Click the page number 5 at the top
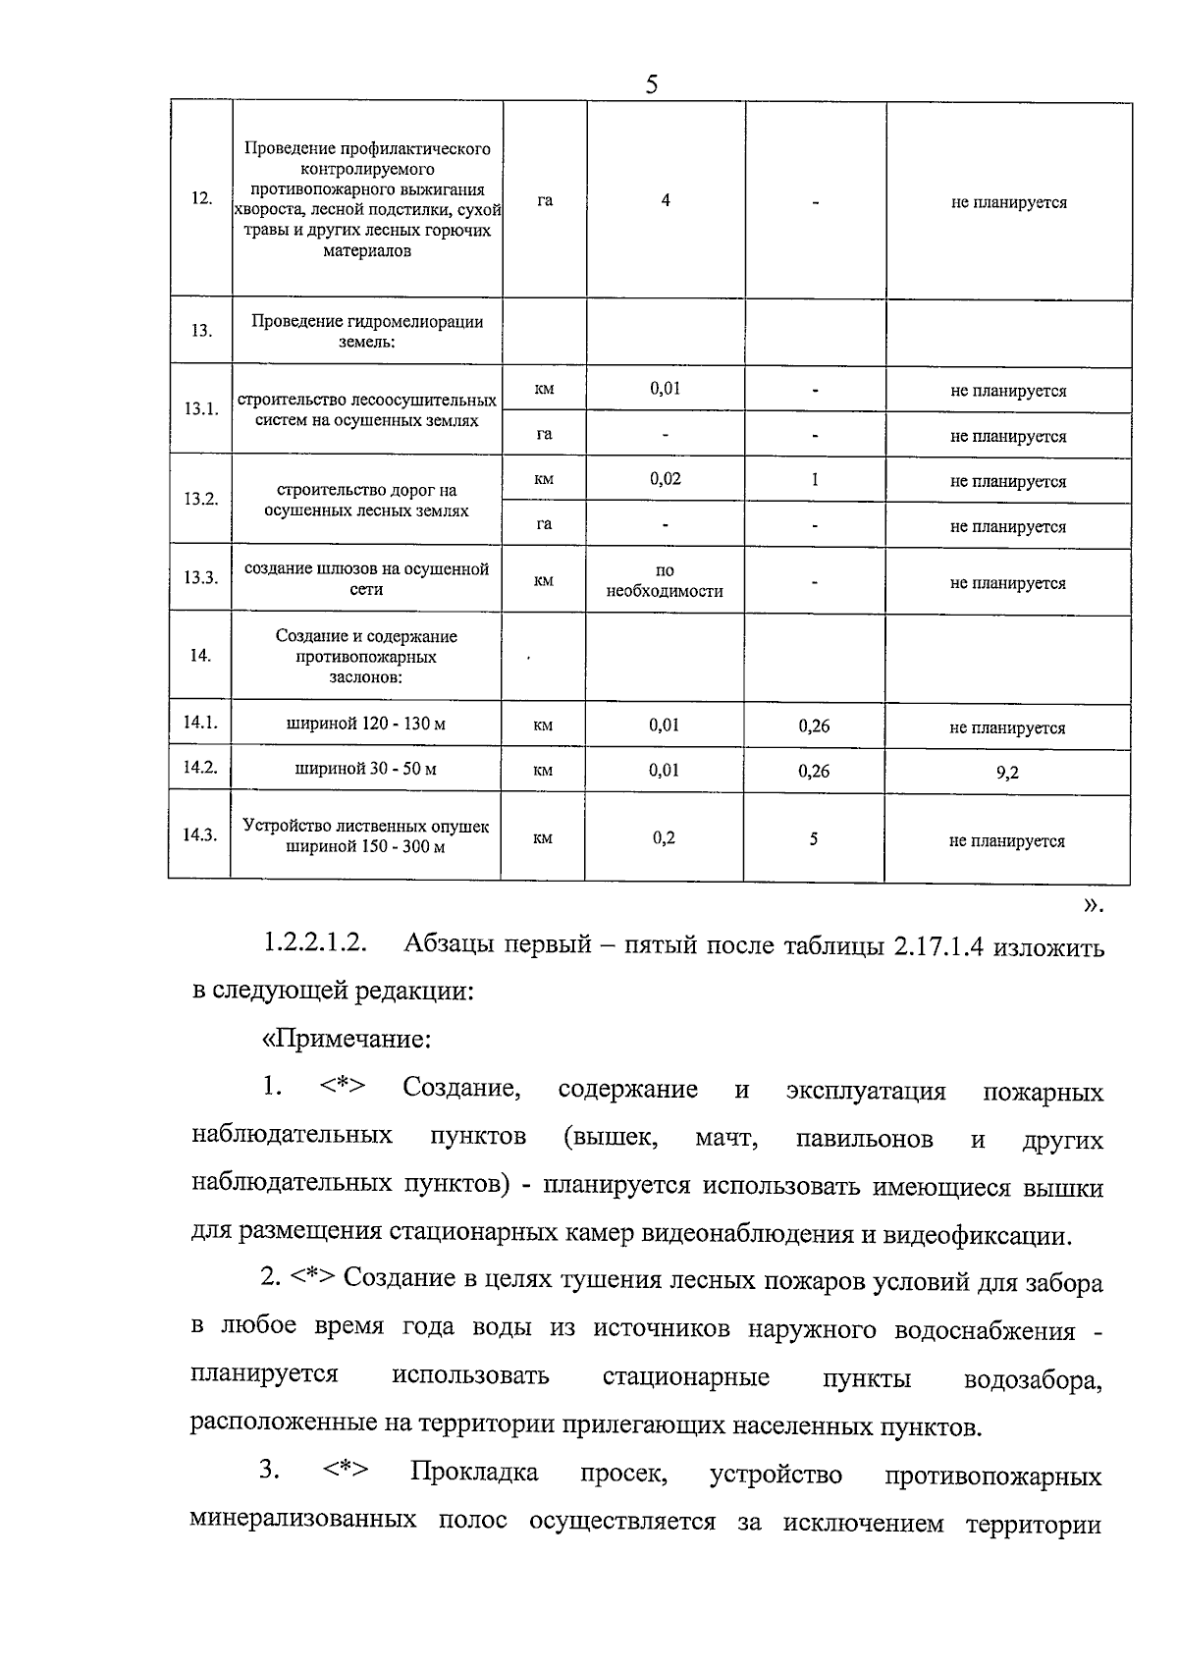click(x=651, y=85)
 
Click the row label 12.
click(x=201, y=198)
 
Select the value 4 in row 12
click(x=666, y=200)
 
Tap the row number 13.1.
click(x=201, y=408)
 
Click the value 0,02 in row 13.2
click(x=666, y=479)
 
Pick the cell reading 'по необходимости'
click(x=665, y=581)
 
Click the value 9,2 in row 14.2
click(x=1007, y=773)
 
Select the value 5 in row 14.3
click(x=814, y=838)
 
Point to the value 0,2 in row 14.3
click(x=664, y=838)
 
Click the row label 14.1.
click(x=200, y=723)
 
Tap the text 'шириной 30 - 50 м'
click(x=366, y=769)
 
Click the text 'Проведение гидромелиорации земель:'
click(x=367, y=332)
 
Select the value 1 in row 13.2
click(x=815, y=479)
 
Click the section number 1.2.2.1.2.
click(x=314, y=944)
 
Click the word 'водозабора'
click(x=1033, y=1379)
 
